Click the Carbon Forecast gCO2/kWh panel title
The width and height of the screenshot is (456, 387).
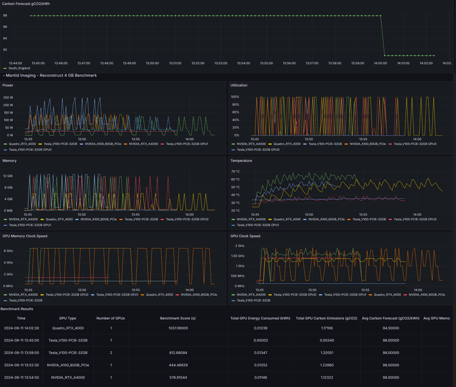tap(26, 4)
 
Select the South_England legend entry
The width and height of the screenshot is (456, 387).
tap(19, 68)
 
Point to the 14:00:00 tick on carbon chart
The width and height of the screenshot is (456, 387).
tap(380, 63)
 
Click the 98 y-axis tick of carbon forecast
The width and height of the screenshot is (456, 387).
tap(5, 16)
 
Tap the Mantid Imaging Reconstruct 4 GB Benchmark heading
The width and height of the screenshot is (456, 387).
tap(51, 75)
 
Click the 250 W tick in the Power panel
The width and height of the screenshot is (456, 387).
tap(8, 98)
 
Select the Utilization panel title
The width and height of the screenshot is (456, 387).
tap(239, 85)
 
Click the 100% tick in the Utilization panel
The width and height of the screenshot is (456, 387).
tap(235, 97)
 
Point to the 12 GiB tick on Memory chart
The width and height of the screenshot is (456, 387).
tap(8, 176)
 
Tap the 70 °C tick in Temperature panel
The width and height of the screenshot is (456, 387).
tap(235, 172)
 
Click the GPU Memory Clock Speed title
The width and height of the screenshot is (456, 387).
tap(25, 236)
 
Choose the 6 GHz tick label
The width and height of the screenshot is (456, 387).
tap(8, 251)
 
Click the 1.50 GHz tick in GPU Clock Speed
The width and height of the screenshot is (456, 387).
tap(237, 256)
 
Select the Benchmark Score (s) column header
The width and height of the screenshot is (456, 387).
tap(178, 318)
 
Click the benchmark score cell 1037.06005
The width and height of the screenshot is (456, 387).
tap(178, 328)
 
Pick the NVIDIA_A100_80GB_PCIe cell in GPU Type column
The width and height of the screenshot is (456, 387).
tap(68, 365)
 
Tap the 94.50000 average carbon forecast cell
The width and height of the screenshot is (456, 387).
tap(390, 328)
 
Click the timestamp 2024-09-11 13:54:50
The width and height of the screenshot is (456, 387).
tap(21, 378)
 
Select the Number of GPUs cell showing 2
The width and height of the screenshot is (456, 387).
tap(111, 353)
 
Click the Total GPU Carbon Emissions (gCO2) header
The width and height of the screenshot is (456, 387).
tap(326, 318)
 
